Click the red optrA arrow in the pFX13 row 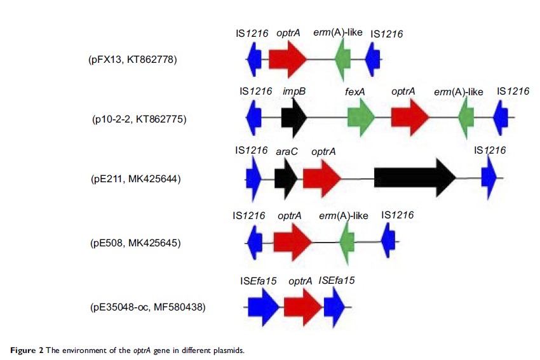tap(287, 59)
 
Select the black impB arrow tap(294, 118)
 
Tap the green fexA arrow tap(361, 118)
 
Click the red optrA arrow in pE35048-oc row tap(303, 308)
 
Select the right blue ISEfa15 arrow tap(334, 308)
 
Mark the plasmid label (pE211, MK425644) tap(136, 178)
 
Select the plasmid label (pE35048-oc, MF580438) tap(147, 308)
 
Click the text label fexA tap(355, 91)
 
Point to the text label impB tap(294, 91)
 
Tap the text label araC tap(287, 151)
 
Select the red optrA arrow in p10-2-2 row tap(410, 118)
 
